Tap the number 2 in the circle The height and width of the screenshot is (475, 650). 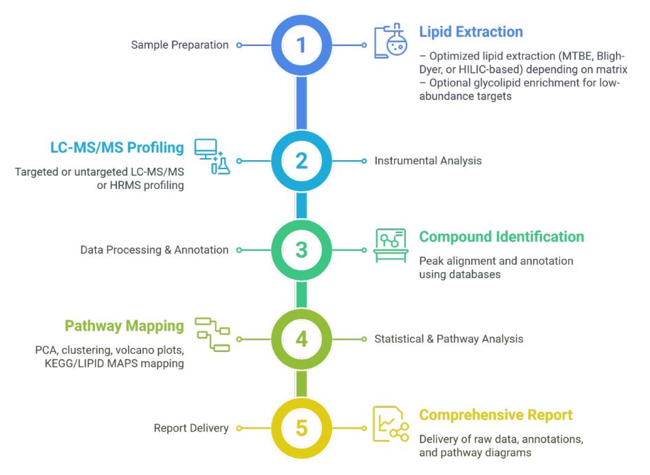(x=301, y=161)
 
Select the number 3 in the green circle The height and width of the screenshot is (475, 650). (x=301, y=250)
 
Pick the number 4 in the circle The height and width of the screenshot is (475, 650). (x=301, y=339)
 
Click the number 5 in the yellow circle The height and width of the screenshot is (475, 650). (x=301, y=428)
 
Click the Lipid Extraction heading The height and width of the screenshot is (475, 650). (x=470, y=32)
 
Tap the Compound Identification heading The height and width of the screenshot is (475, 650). (x=501, y=236)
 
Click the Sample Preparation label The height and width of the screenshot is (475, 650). (x=180, y=45)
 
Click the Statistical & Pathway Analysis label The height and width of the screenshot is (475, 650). (x=439, y=339)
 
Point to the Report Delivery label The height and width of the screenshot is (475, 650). (x=191, y=428)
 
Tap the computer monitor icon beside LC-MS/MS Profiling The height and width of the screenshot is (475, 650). (x=210, y=157)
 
